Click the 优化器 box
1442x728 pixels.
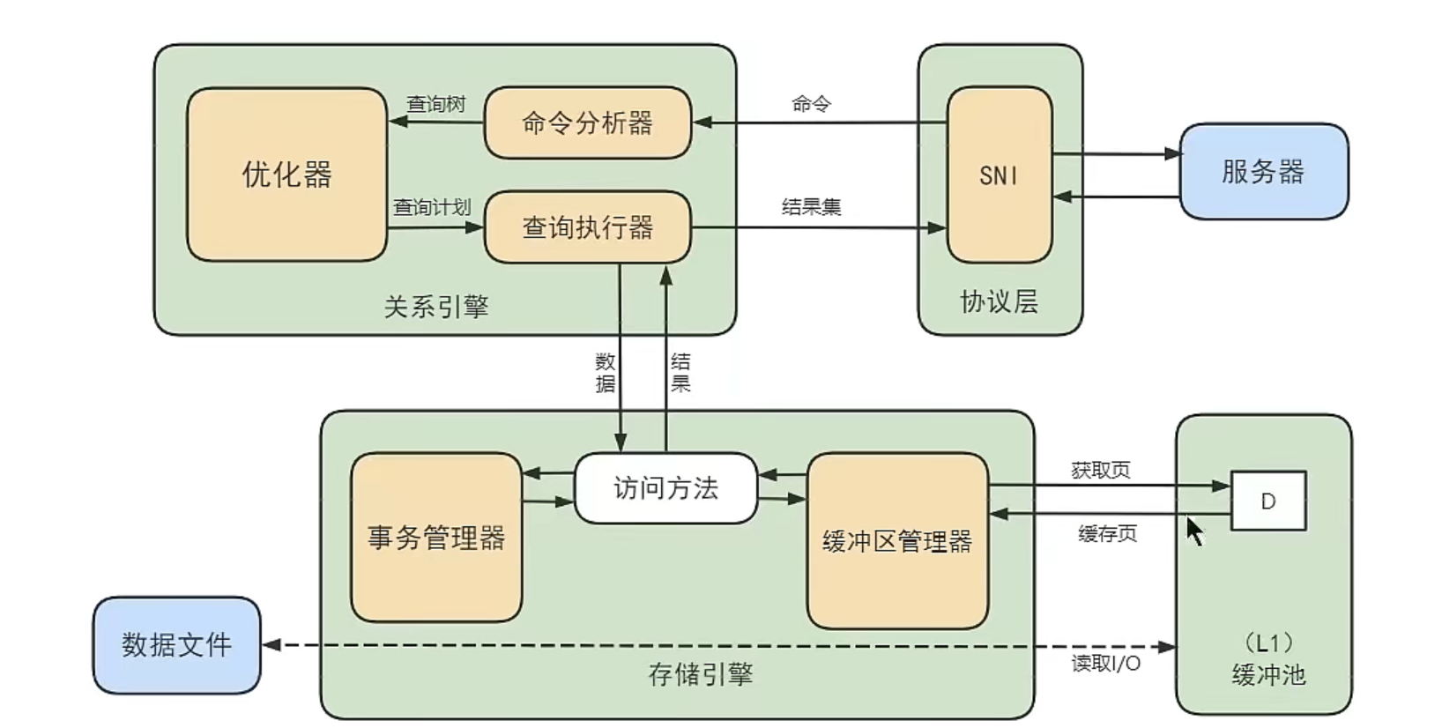coord(287,175)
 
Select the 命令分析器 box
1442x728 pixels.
coord(588,123)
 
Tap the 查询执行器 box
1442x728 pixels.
coord(588,227)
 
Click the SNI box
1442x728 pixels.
coord(1000,175)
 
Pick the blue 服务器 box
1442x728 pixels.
coord(1264,172)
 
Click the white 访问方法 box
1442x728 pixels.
coord(665,488)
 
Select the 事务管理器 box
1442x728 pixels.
coord(436,538)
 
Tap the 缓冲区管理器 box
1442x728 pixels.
coord(897,540)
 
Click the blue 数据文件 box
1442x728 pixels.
coord(177,645)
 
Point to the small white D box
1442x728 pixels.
coord(1268,501)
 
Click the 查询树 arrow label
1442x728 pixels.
coord(435,104)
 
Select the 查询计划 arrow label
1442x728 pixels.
coord(432,207)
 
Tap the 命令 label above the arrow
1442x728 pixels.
coord(811,104)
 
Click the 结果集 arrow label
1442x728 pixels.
coord(811,206)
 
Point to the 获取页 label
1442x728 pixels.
coord(1101,470)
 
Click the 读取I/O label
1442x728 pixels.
coord(1106,664)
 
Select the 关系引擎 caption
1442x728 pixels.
coord(436,307)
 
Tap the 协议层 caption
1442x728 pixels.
coord(1000,301)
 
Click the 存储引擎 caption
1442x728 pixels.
coord(701,674)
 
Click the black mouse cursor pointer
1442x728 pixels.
coord(1195,531)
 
